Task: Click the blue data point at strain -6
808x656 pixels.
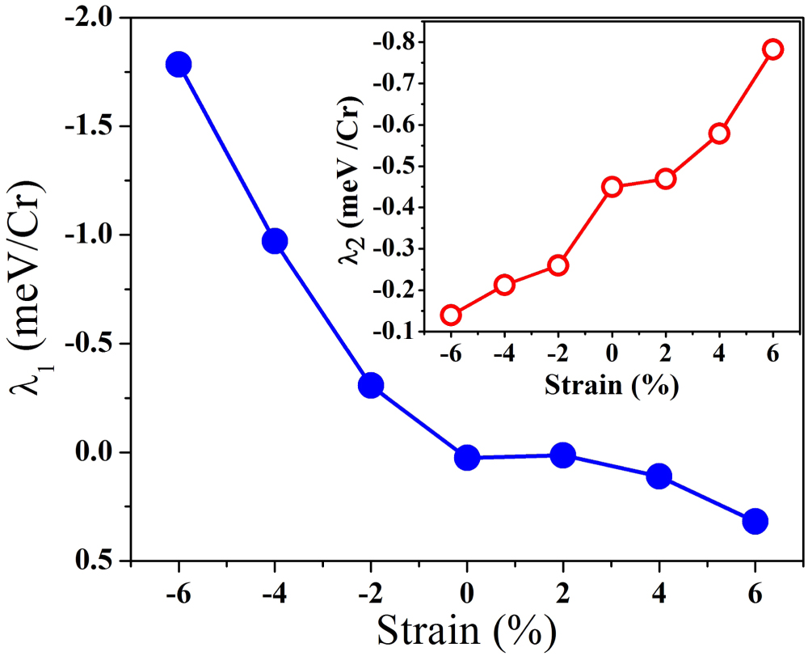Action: pos(178,65)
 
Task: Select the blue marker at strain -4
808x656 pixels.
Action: pos(275,241)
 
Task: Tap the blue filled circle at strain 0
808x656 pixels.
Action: pos(467,458)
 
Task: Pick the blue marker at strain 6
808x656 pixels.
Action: pos(755,521)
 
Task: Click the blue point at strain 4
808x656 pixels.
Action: pos(659,476)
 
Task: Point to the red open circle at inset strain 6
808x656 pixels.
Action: pos(772,49)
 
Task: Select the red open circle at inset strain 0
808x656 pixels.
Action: pos(612,187)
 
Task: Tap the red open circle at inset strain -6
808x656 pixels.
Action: pos(451,315)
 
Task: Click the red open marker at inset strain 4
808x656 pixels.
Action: pos(719,133)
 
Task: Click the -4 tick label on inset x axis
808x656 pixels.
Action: pos(503,354)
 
